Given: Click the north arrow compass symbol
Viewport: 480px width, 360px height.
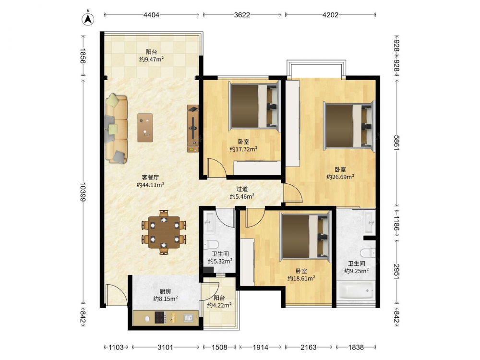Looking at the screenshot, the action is [88, 19].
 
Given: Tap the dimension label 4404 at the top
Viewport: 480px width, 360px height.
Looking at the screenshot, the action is [151, 15].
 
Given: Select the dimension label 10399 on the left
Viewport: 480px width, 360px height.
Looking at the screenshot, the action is [83, 192].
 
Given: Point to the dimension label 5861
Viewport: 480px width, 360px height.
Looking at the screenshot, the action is [396, 143].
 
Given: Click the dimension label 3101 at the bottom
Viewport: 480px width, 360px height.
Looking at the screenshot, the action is [165, 347].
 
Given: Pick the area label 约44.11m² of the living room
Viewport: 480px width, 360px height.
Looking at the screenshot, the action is [150, 185].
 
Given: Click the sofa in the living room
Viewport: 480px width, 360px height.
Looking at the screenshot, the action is [116, 129].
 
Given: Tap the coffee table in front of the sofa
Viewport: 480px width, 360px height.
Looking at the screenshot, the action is [145, 128].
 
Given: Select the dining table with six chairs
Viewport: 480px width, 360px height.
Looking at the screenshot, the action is [164, 232].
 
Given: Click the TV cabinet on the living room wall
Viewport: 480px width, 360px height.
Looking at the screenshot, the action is [193, 129].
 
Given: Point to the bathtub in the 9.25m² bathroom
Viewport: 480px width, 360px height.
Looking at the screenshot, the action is [355, 290].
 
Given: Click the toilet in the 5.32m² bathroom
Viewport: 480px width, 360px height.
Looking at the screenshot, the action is [212, 244].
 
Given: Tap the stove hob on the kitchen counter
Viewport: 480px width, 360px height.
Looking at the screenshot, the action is [160, 317].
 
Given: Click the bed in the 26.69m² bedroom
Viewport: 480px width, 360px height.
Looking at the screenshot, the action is [349, 126].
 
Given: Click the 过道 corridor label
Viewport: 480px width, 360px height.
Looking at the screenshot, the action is [242, 189].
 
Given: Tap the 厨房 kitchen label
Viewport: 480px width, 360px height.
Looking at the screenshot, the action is [165, 291].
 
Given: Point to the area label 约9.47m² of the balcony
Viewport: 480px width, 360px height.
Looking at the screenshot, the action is [151, 59].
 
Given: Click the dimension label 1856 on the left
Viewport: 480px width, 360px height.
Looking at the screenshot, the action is [83, 56].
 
